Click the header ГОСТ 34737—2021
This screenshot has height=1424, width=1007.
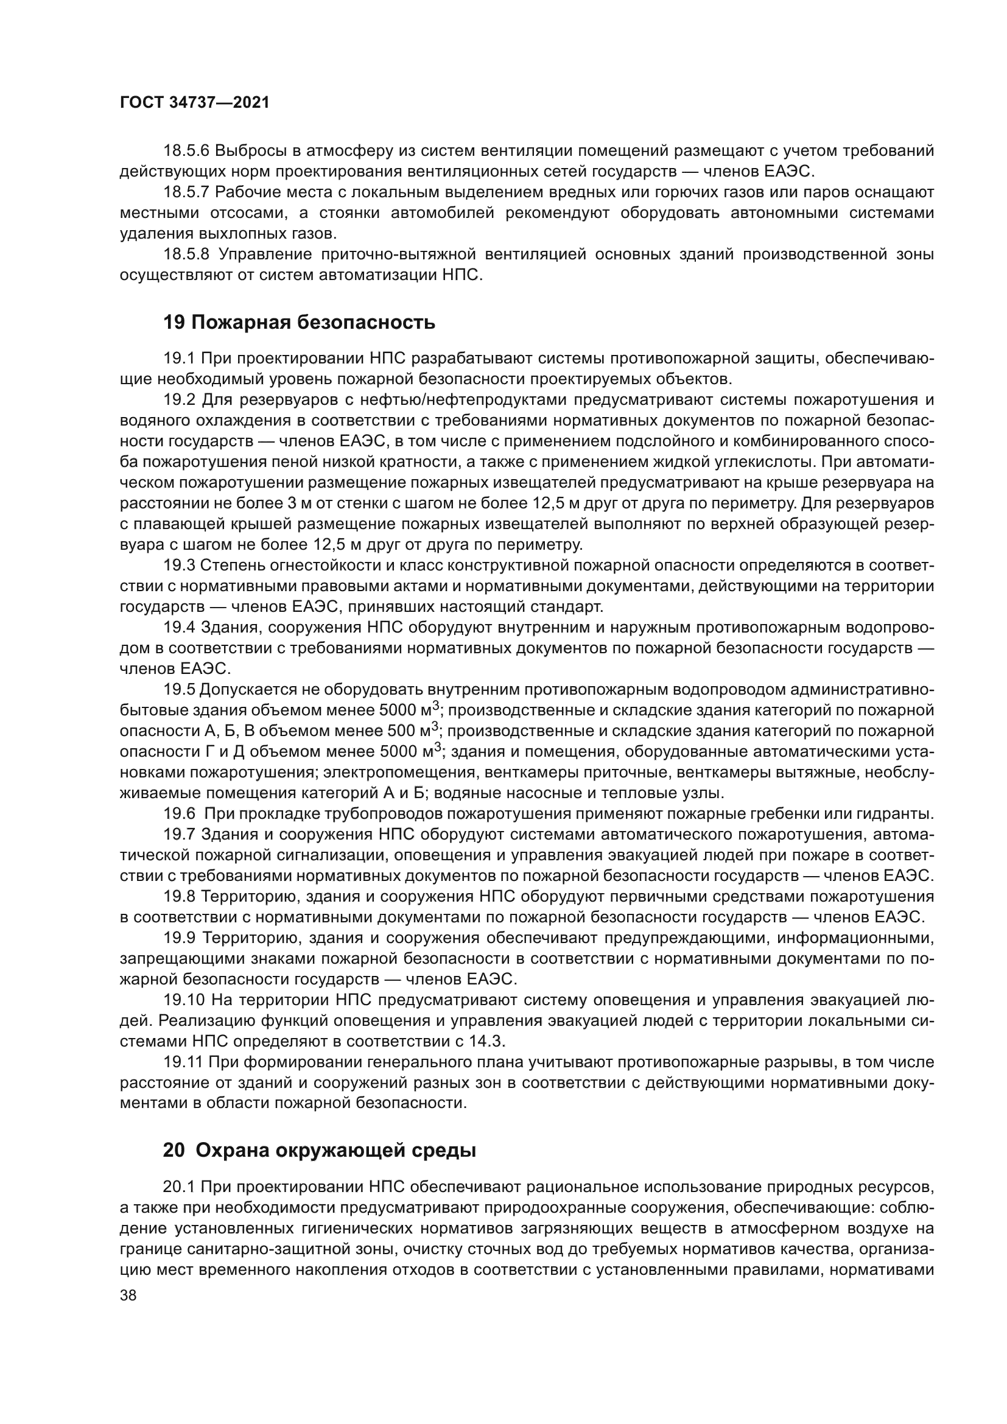coord(194,103)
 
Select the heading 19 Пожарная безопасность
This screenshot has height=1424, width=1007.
coord(299,323)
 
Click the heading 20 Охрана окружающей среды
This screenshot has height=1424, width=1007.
coord(320,1151)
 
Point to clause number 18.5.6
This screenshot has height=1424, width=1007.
coord(187,151)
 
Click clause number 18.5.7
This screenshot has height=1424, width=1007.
coord(187,192)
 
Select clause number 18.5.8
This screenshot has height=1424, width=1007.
coord(187,254)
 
